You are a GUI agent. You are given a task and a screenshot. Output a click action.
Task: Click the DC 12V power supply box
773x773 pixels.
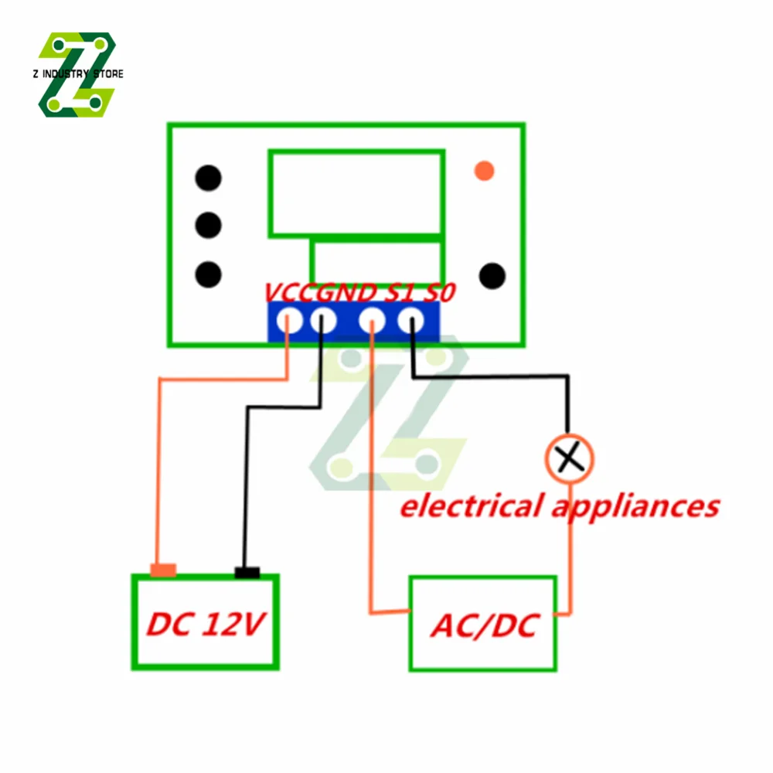tap(205, 622)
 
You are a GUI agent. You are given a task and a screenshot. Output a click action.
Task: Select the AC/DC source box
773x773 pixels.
tap(482, 623)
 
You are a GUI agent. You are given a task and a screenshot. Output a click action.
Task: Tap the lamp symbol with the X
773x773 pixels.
tap(570, 459)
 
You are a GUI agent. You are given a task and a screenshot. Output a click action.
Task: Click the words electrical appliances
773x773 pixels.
tap(559, 506)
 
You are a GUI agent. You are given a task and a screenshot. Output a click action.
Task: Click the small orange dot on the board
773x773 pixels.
tap(484, 170)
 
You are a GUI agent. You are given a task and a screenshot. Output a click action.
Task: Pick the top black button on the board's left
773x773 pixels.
tap(208, 178)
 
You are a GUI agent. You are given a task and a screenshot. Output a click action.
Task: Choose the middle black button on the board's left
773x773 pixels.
tap(208, 226)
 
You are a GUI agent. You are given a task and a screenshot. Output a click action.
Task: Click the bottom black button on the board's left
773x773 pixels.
tap(208, 274)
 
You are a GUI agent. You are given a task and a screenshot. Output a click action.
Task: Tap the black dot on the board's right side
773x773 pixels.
tap(492, 275)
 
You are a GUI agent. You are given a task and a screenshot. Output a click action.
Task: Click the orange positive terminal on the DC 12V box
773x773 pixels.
tap(163, 570)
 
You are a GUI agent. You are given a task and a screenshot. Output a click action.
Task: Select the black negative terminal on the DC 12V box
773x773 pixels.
tap(247, 572)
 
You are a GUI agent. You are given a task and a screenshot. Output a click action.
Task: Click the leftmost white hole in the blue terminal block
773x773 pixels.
tap(291, 319)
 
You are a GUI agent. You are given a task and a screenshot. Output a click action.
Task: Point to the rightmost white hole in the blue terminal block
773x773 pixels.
tap(410, 319)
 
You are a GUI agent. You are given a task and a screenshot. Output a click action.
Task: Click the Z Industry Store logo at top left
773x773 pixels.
tap(77, 74)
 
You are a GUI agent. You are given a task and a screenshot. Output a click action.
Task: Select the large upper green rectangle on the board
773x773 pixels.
tap(356, 193)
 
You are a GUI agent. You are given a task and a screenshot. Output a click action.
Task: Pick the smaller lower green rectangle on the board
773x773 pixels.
tap(377, 262)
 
